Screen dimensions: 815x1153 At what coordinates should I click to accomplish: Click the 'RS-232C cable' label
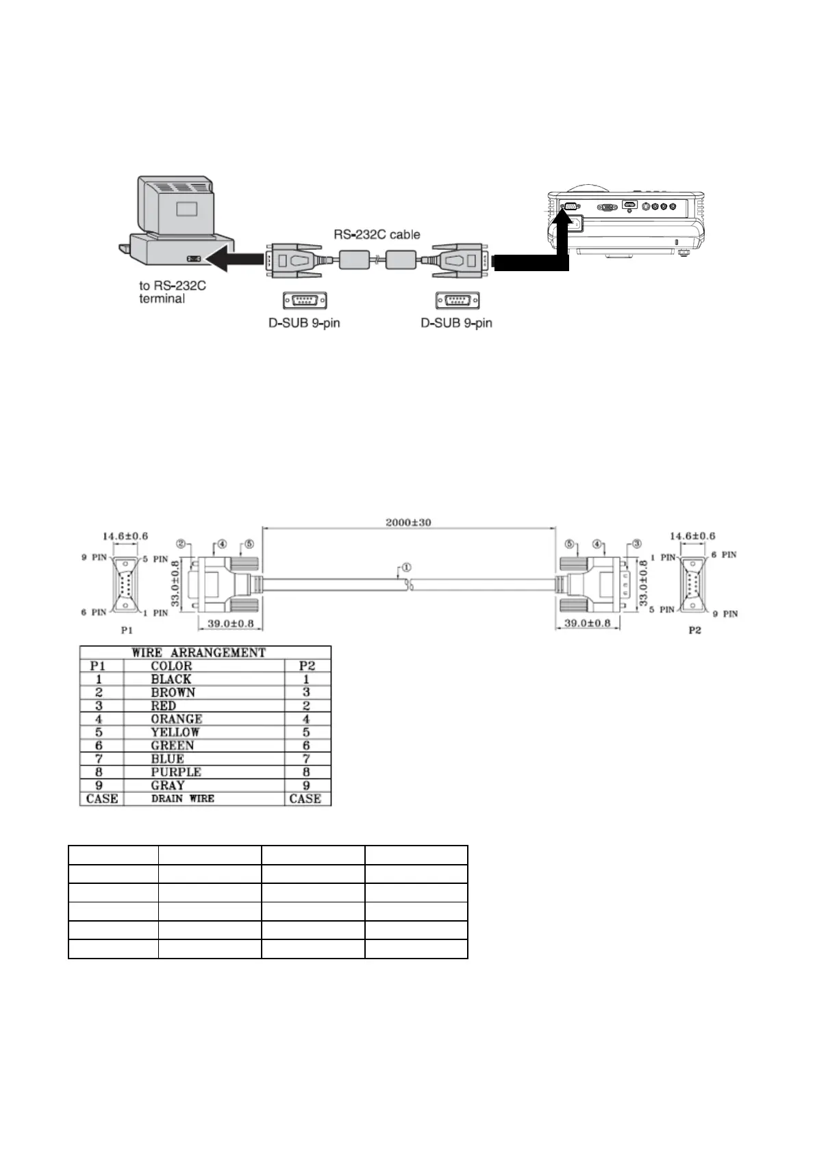tap(377, 234)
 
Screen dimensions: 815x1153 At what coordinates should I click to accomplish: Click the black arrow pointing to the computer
tap(234, 259)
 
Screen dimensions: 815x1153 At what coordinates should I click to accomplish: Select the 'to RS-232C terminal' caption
tap(172, 292)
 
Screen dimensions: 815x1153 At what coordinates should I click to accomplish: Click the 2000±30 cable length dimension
tap(408, 522)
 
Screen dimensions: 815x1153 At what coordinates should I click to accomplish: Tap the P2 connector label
tap(694, 629)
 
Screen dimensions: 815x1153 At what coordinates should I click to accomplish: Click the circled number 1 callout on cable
tap(406, 568)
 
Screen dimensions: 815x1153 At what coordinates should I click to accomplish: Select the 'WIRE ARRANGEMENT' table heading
tap(199, 652)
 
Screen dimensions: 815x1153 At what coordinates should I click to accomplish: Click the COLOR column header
tap(171, 666)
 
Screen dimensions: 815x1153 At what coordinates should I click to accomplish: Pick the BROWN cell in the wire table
tap(173, 692)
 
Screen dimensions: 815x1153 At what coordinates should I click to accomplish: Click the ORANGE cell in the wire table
tap(177, 719)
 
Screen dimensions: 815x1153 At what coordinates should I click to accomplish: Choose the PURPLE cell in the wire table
tap(176, 772)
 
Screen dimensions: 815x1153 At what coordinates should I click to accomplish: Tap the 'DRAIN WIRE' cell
tap(182, 798)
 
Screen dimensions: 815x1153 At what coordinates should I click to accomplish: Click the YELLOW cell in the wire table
tap(175, 732)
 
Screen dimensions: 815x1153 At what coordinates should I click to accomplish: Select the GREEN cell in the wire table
tap(173, 746)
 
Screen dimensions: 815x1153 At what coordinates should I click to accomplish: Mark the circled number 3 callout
tap(636, 544)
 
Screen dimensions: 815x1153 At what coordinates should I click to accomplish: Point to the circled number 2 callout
tap(182, 544)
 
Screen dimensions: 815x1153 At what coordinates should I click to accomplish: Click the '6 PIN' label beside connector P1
tap(94, 612)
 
